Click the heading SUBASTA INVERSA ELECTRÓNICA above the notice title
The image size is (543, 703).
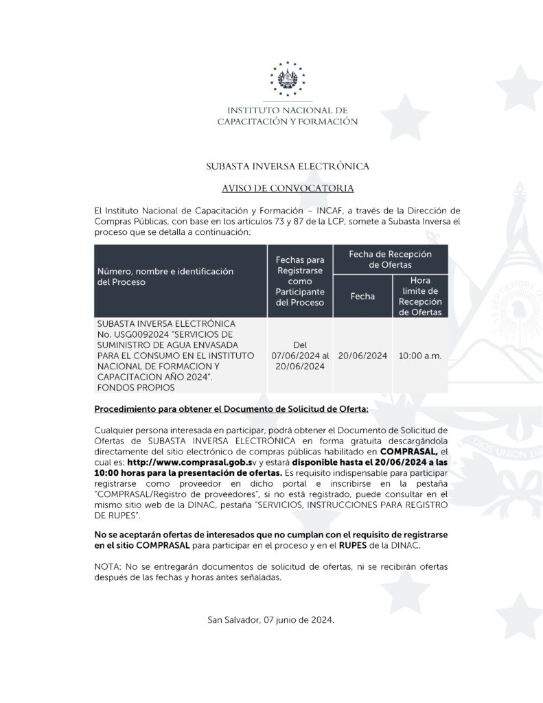pos(288,166)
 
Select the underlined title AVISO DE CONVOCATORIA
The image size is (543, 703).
pos(288,187)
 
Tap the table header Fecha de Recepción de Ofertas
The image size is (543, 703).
pos(390,259)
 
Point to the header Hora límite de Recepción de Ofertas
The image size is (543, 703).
pos(420,297)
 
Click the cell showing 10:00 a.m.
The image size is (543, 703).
pos(420,356)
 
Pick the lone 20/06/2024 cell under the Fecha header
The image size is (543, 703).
pos(362,356)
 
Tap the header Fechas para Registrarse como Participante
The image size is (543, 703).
pos(299,281)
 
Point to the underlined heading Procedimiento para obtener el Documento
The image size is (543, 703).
pos(231,409)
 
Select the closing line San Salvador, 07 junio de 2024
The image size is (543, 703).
pos(271,620)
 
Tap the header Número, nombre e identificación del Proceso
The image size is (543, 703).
pos(165,277)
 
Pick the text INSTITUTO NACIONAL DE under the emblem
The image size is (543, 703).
pos(288,110)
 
